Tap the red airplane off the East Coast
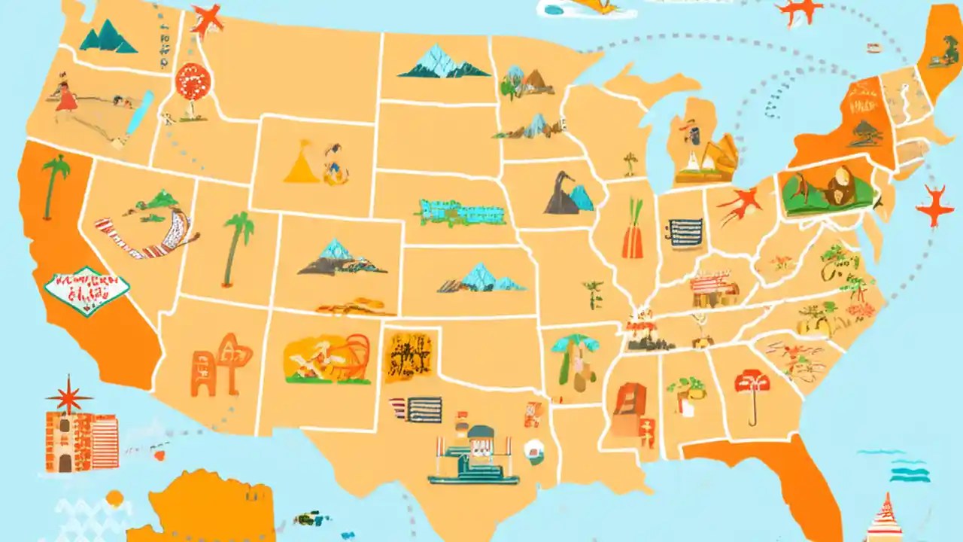[x=935, y=205]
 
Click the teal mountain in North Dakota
[x=444, y=62]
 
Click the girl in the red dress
[x=65, y=98]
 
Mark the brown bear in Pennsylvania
[x=839, y=187]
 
